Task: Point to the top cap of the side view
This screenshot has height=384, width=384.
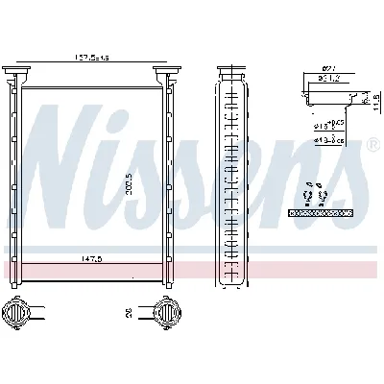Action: point(229,72)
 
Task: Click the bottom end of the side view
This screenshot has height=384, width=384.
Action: point(229,281)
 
